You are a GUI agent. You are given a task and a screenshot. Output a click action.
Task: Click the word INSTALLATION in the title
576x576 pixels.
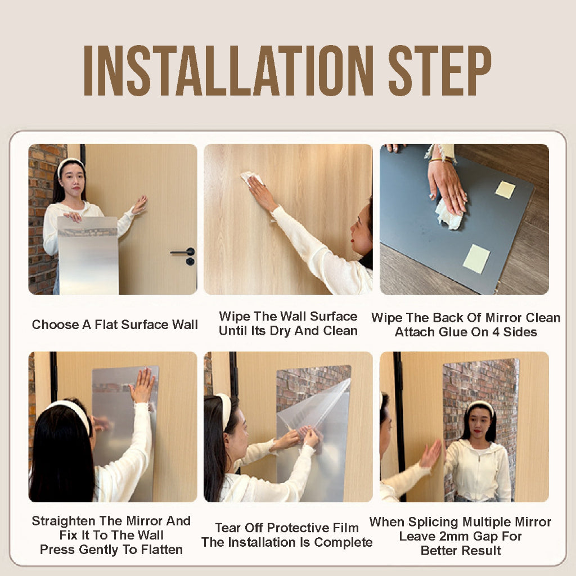click(228, 71)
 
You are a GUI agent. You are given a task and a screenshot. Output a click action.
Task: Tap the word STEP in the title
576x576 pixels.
click(440, 71)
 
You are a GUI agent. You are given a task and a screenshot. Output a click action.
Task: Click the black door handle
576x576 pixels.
click(183, 252)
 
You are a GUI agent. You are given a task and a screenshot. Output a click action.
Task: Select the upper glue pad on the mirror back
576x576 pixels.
click(505, 190)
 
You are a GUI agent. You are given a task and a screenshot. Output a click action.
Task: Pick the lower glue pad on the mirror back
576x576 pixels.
click(476, 259)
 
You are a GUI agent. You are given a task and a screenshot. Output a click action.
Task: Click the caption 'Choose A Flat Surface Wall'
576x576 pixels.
click(115, 325)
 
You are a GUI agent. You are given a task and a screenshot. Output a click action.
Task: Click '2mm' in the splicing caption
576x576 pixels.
click(454, 536)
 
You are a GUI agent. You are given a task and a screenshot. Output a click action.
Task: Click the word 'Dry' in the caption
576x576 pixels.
click(281, 331)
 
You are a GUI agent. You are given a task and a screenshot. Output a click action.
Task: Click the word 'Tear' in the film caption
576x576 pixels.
click(228, 528)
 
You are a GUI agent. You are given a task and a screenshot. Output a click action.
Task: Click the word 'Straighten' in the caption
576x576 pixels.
click(63, 521)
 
